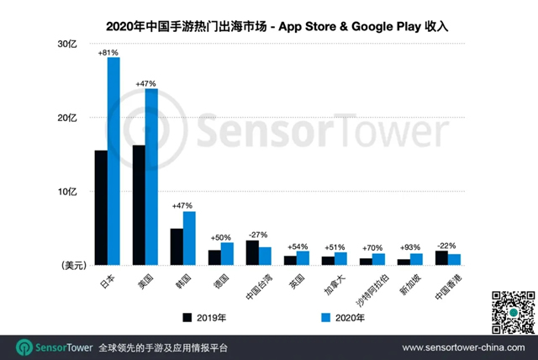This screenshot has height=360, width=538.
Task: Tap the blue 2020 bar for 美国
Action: point(151,177)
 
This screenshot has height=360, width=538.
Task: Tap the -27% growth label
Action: point(258,235)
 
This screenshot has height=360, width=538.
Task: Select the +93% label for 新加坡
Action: point(409,247)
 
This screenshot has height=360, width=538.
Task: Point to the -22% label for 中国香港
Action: point(447,245)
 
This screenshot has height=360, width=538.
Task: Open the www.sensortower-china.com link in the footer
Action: point(465,347)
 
